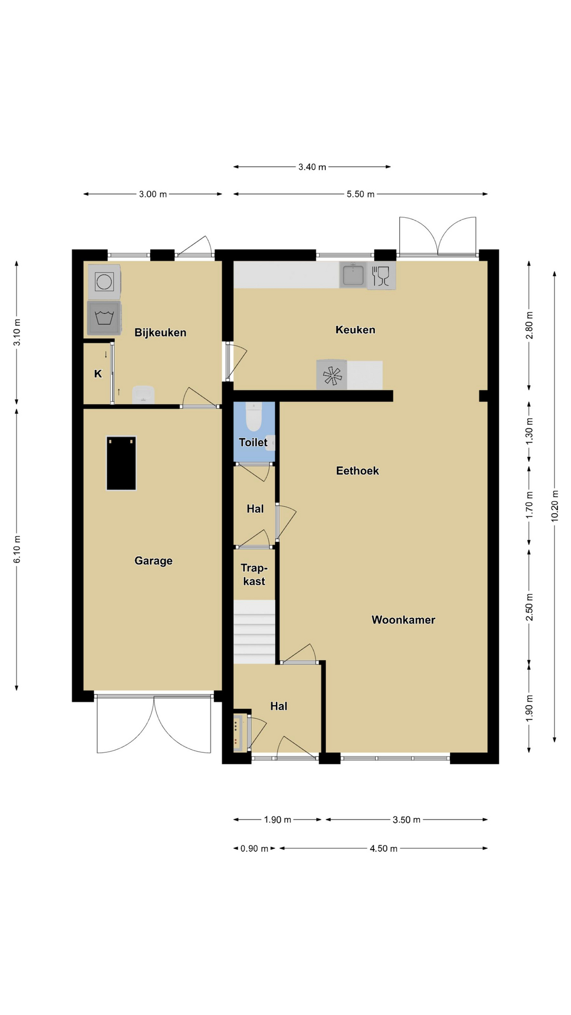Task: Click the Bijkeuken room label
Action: click(160, 333)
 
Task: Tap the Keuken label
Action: click(355, 330)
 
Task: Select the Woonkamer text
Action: click(403, 620)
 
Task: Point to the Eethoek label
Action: click(357, 470)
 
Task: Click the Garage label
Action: click(153, 561)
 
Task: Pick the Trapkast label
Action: click(254, 575)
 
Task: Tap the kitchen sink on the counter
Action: click(353, 275)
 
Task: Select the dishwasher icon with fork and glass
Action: click(381, 275)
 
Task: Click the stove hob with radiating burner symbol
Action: click(332, 375)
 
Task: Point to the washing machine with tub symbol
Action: click(104, 318)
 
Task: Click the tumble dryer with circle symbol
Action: click(104, 281)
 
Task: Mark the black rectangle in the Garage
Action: click(121, 463)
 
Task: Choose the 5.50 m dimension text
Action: click(361, 194)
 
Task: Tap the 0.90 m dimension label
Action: click(254, 848)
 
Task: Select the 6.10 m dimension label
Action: click(17, 549)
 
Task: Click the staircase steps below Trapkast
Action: click(254, 632)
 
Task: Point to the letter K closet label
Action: click(98, 374)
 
